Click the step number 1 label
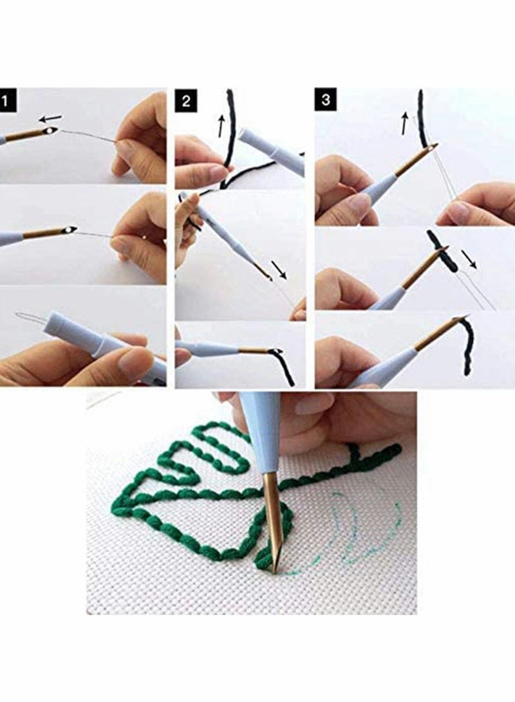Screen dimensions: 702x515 8,101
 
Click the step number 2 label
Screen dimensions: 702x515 185,101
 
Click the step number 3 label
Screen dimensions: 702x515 326,100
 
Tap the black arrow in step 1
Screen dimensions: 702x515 50,118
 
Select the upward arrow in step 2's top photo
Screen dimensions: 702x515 221,125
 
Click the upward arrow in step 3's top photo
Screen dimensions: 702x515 405,123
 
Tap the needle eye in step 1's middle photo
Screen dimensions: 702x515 69,230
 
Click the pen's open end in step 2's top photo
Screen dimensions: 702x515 243,137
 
